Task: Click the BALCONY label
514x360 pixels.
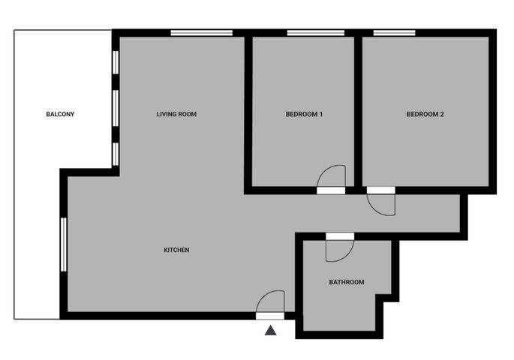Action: [60, 114]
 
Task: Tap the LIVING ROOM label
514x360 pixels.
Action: [176, 114]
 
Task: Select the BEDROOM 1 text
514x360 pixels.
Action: [304, 114]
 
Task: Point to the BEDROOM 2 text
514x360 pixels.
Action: [425, 114]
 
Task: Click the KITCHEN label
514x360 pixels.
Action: [176, 250]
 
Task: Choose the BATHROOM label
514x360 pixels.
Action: [347, 282]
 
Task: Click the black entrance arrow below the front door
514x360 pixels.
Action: [270, 330]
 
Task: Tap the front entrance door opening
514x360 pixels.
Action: [270, 316]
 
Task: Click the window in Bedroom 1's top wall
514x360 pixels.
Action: [316, 33]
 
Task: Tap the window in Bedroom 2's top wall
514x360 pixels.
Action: [395, 33]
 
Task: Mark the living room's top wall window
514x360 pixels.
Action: [202, 33]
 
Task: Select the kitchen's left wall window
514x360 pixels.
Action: [64, 244]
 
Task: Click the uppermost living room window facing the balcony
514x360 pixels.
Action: [116, 62]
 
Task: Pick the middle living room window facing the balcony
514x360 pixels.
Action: [116, 108]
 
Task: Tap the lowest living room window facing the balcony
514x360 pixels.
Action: [116, 154]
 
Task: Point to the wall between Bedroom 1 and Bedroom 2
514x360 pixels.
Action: [358, 111]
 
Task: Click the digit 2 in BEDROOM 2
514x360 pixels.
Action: [441, 114]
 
